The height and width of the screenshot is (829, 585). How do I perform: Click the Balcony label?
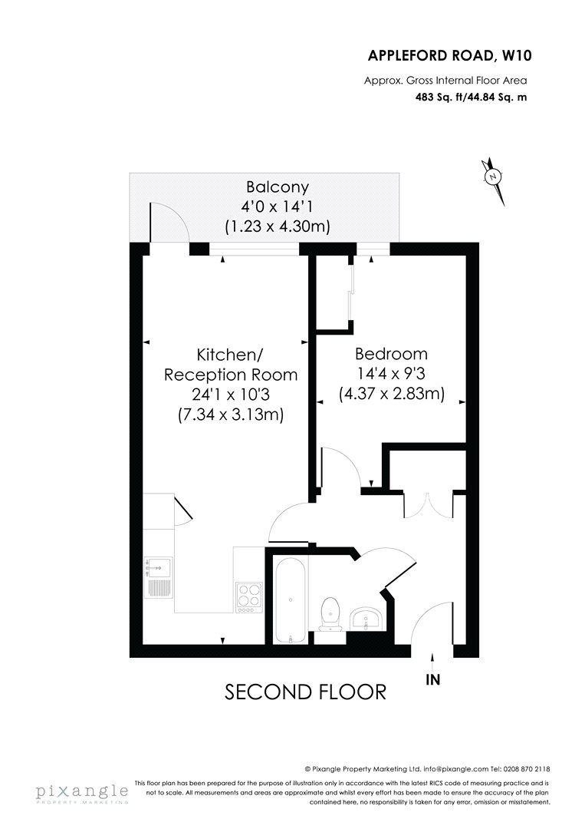[x=278, y=187]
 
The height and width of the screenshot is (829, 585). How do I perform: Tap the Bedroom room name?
[x=391, y=354]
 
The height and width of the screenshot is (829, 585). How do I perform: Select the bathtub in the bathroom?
[x=290, y=599]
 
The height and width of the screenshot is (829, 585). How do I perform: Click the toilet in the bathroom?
[x=330, y=614]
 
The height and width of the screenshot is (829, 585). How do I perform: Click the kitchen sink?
[x=159, y=576]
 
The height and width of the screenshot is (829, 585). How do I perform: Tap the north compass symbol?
[x=494, y=181]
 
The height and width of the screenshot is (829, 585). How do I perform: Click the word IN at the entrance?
[x=433, y=679]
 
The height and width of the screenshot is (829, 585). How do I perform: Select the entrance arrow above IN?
[x=433, y=662]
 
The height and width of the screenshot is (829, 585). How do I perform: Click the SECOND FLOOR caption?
[x=306, y=692]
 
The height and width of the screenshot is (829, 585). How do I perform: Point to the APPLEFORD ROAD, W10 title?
[x=449, y=55]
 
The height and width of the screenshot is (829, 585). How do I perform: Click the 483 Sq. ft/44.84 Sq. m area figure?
[x=471, y=97]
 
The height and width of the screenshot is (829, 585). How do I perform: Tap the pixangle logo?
[x=82, y=792]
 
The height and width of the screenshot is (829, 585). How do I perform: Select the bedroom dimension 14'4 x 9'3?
[x=391, y=374]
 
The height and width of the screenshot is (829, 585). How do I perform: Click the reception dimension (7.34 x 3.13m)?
[x=231, y=415]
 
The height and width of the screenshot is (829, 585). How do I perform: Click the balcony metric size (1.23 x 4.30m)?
[x=278, y=226]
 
